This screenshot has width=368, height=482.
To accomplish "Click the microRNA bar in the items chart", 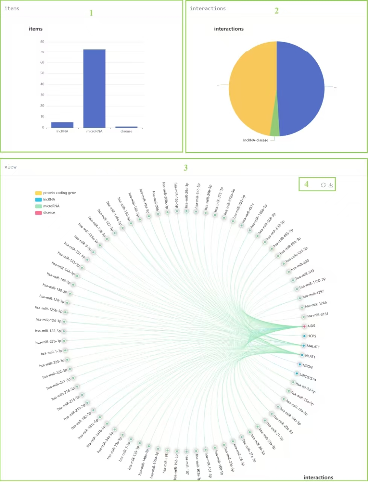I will [94, 88].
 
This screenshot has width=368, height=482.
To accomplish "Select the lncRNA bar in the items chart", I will [62, 125].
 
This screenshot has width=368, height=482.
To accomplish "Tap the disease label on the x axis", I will [126, 131].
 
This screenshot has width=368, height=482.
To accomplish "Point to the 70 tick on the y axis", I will [42, 52].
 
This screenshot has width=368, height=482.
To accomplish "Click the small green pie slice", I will [275, 130].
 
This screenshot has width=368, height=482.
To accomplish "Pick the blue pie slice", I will [301, 88].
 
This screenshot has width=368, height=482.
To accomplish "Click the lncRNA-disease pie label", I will [255, 140].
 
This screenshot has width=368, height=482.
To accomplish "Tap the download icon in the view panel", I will [331, 185].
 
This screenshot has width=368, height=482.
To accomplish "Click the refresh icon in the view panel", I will [323, 185].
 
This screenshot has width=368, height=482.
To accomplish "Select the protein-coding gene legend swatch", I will [38, 193].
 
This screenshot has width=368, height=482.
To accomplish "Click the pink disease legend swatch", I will [38, 213].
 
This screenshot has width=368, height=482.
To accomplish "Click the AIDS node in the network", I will [304, 326].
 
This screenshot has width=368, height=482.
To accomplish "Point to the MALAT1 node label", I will [313, 346].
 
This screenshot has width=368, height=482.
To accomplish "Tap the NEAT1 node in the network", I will [302, 355].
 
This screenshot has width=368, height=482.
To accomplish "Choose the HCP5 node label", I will [312, 336].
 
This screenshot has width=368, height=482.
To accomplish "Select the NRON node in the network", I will [300, 365].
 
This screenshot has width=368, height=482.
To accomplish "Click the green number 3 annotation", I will [186, 168].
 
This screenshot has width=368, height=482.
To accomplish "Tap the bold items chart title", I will [36, 29].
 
